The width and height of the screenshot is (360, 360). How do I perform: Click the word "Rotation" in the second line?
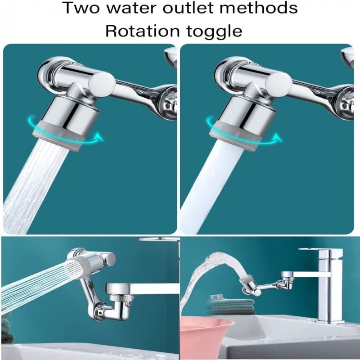(144, 31)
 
